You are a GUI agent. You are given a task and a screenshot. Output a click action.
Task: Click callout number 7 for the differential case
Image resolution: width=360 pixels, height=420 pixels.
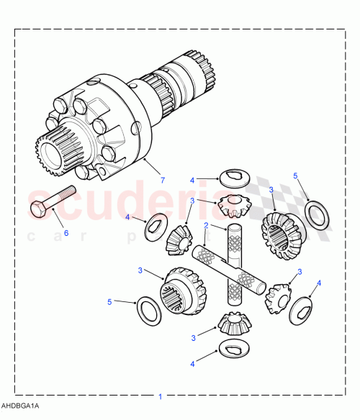[163, 180]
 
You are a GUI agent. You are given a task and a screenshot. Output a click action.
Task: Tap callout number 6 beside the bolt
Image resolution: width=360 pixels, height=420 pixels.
[66, 233]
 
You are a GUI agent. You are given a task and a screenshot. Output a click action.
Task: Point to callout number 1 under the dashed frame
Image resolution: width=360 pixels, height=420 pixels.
[161, 396]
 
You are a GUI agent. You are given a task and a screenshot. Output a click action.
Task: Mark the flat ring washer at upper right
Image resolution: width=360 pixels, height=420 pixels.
[318, 214]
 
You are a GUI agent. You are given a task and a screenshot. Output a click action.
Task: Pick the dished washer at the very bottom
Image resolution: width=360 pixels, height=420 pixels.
[235, 350]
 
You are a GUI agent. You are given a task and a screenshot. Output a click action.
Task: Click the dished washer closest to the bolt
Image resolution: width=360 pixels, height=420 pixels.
[153, 229]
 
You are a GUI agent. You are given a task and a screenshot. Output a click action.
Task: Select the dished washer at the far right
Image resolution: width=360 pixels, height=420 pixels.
[302, 306]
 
